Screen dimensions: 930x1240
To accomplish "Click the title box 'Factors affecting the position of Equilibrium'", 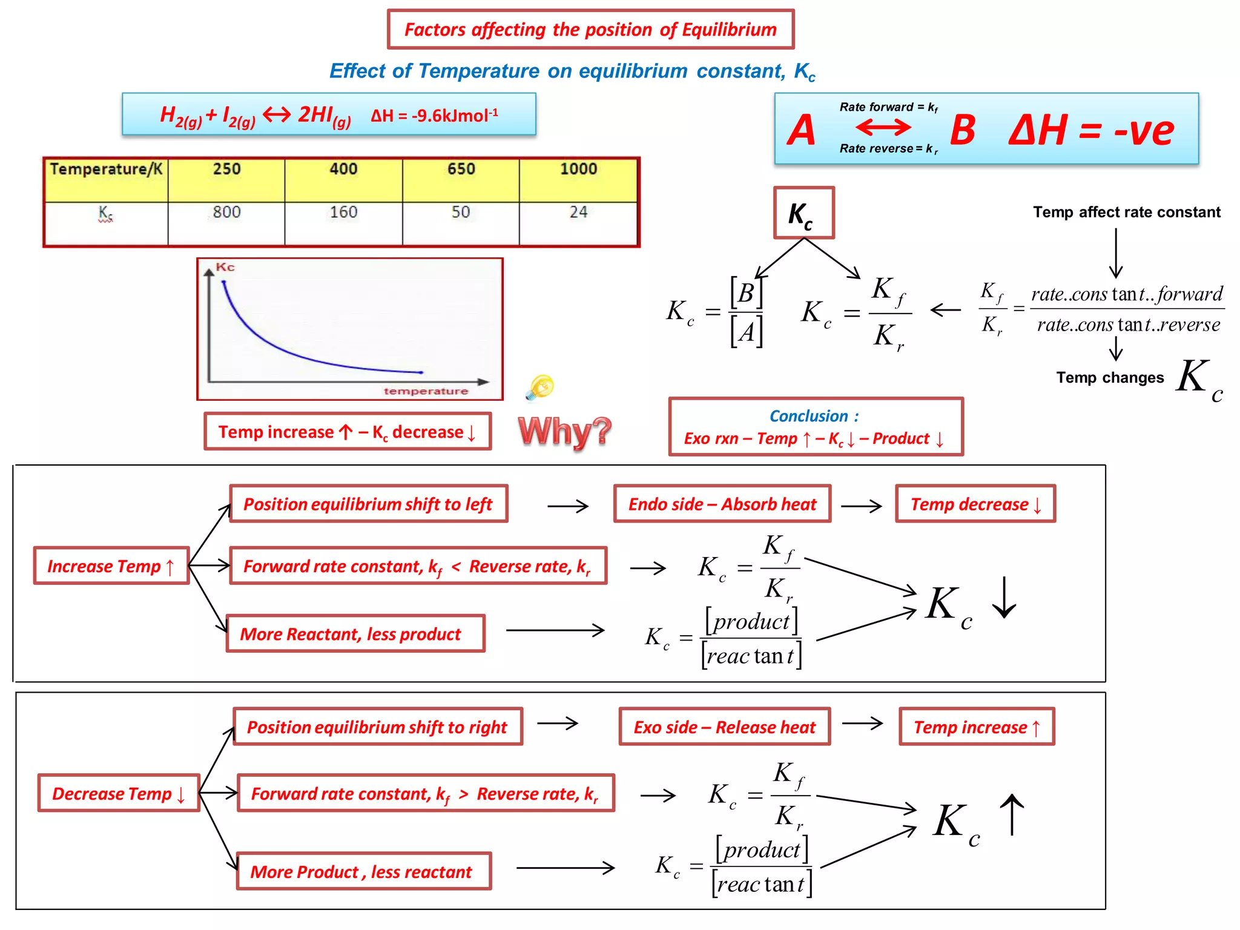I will (590, 29).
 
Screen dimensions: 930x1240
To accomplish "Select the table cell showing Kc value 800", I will (226, 213).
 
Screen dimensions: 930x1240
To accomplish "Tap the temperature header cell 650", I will (461, 169).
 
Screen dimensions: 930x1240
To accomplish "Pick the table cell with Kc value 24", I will (578, 213).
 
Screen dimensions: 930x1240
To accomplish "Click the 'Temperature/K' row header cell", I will (106, 169).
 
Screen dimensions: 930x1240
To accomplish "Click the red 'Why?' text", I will (564, 432).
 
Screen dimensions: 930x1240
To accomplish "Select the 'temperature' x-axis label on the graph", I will (426, 391).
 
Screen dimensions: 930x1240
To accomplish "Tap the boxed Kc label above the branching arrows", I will (803, 213).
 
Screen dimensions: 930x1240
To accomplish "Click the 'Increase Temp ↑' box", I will (111, 566).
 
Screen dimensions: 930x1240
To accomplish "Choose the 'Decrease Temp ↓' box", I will (119, 793).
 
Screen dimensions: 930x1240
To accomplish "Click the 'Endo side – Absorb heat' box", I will (722, 504).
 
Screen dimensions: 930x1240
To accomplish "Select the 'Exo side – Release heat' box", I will (724, 727).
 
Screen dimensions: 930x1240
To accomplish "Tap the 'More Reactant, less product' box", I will (355, 634).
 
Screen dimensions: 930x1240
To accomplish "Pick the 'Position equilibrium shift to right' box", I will (377, 727).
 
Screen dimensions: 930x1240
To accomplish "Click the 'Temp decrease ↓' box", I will (975, 504).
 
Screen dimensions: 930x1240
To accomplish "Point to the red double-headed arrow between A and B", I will (883, 127).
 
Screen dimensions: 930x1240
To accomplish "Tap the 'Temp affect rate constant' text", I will (1126, 212).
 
